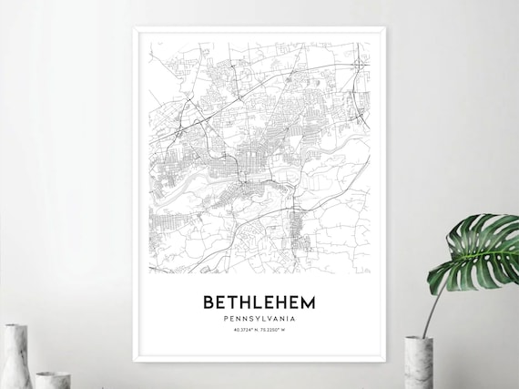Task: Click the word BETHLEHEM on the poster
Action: tap(259, 302)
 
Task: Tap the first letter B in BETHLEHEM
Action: tap(209, 302)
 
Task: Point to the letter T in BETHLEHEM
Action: tap(235, 302)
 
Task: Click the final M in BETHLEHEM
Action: tap(310, 302)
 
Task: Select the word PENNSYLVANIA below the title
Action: tap(259, 319)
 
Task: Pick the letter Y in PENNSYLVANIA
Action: tap(259, 319)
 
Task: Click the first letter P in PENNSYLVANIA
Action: tap(224, 319)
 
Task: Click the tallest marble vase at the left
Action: tap(15, 357)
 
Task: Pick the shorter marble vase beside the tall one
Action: tap(53, 379)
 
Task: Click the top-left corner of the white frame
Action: tap(134, 27)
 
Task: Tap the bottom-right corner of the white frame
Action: tap(385, 362)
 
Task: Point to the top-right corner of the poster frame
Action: tap(385, 27)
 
